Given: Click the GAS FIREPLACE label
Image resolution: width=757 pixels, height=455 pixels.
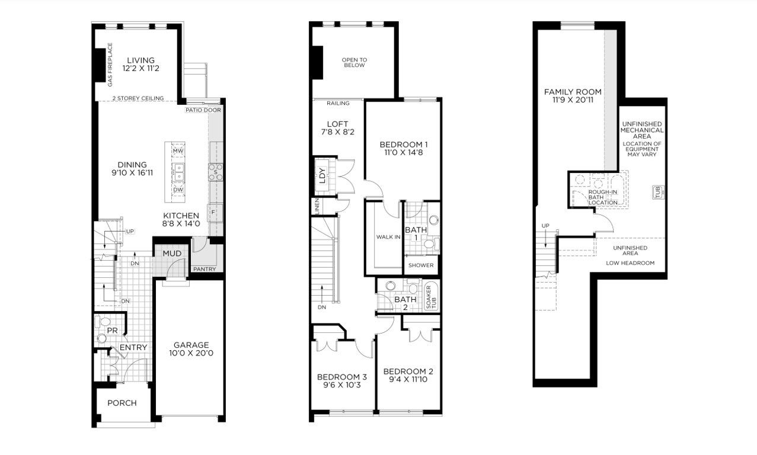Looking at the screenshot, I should (x=110, y=65).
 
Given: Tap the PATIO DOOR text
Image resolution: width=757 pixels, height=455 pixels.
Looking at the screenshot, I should (x=203, y=110).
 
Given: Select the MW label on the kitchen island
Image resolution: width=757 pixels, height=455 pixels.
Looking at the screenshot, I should (x=177, y=151).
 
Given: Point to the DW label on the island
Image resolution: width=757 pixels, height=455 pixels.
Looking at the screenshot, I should (x=177, y=190).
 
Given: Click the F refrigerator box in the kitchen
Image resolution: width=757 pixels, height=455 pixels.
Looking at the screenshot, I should (x=213, y=212).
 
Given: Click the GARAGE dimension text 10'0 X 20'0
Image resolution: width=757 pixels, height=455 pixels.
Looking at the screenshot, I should (x=190, y=353).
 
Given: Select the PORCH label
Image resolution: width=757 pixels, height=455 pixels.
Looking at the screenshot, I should (x=122, y=403).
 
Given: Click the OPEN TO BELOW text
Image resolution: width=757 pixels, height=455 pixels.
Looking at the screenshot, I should (x=354, y=62).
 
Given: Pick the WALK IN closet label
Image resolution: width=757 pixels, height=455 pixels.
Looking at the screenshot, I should (x=388, y=237).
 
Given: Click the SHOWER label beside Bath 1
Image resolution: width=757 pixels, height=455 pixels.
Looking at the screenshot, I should (x=421, y=265).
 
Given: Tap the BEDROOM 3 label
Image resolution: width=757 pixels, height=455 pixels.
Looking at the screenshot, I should (x=342, y=377).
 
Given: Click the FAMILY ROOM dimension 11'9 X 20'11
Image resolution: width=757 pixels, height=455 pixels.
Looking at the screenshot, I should (x=573, y=101).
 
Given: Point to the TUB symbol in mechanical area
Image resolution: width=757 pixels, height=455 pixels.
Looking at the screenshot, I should (x=657, y=192).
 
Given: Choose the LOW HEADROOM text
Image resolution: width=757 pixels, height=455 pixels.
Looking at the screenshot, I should (x=630, y=263).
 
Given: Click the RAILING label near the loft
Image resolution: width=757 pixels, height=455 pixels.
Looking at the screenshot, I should (x=338, y=104).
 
